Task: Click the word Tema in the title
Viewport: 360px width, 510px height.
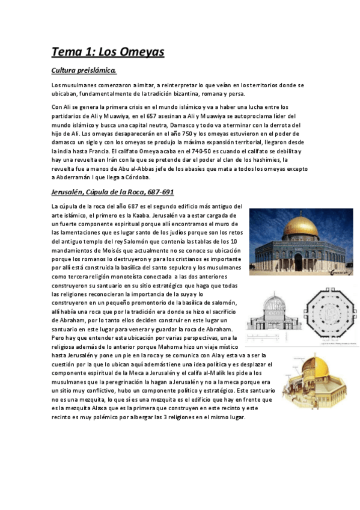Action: click(x=67, y=52)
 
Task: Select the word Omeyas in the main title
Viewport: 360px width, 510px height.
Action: click(x=138, y=52)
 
